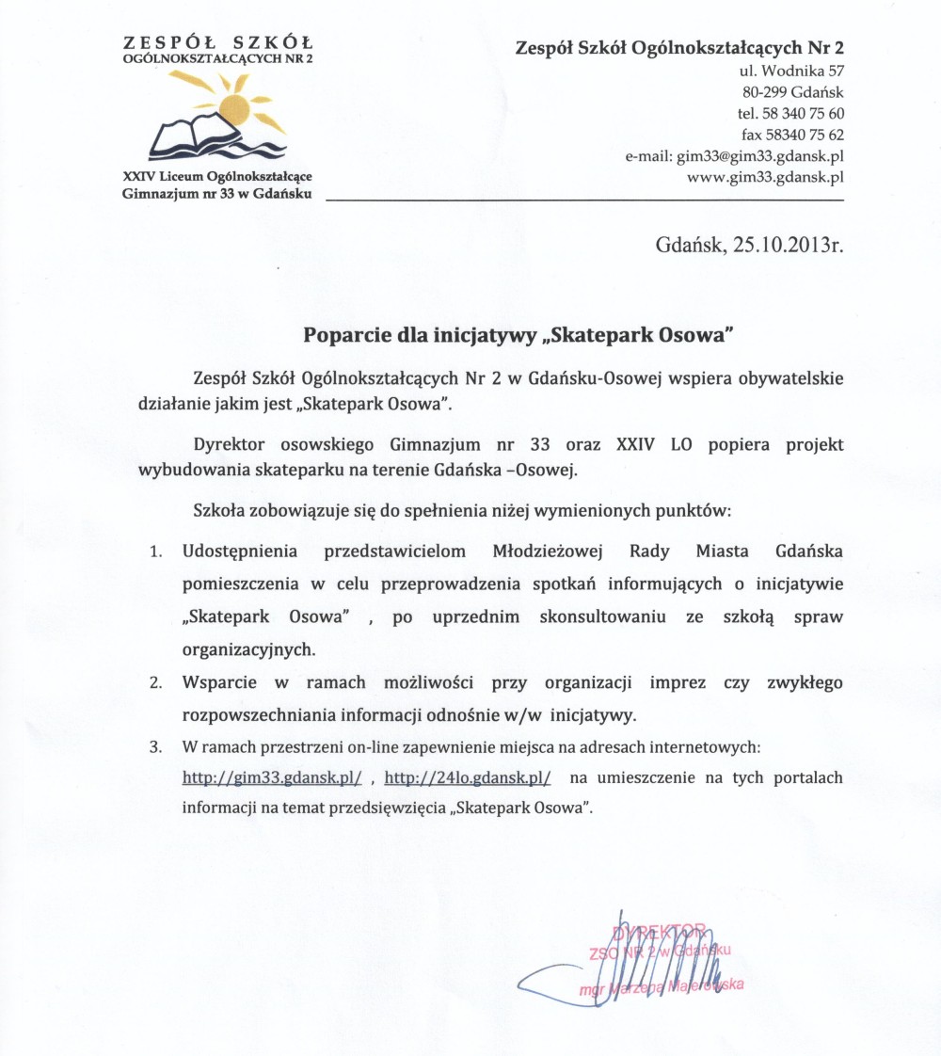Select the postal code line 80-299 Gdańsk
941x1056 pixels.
pos(793,92)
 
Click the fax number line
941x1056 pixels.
pos(792,134)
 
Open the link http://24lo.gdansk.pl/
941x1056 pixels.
pos(468,778)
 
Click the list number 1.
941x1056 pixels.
pos(156,552)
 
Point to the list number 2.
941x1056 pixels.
pos(156,682)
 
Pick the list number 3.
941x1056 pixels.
pos(156,748)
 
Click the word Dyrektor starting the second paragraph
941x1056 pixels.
pos(231,444)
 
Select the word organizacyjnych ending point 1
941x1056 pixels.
pos(248,649)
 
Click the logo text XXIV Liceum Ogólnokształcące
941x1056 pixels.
pos(217,177)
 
